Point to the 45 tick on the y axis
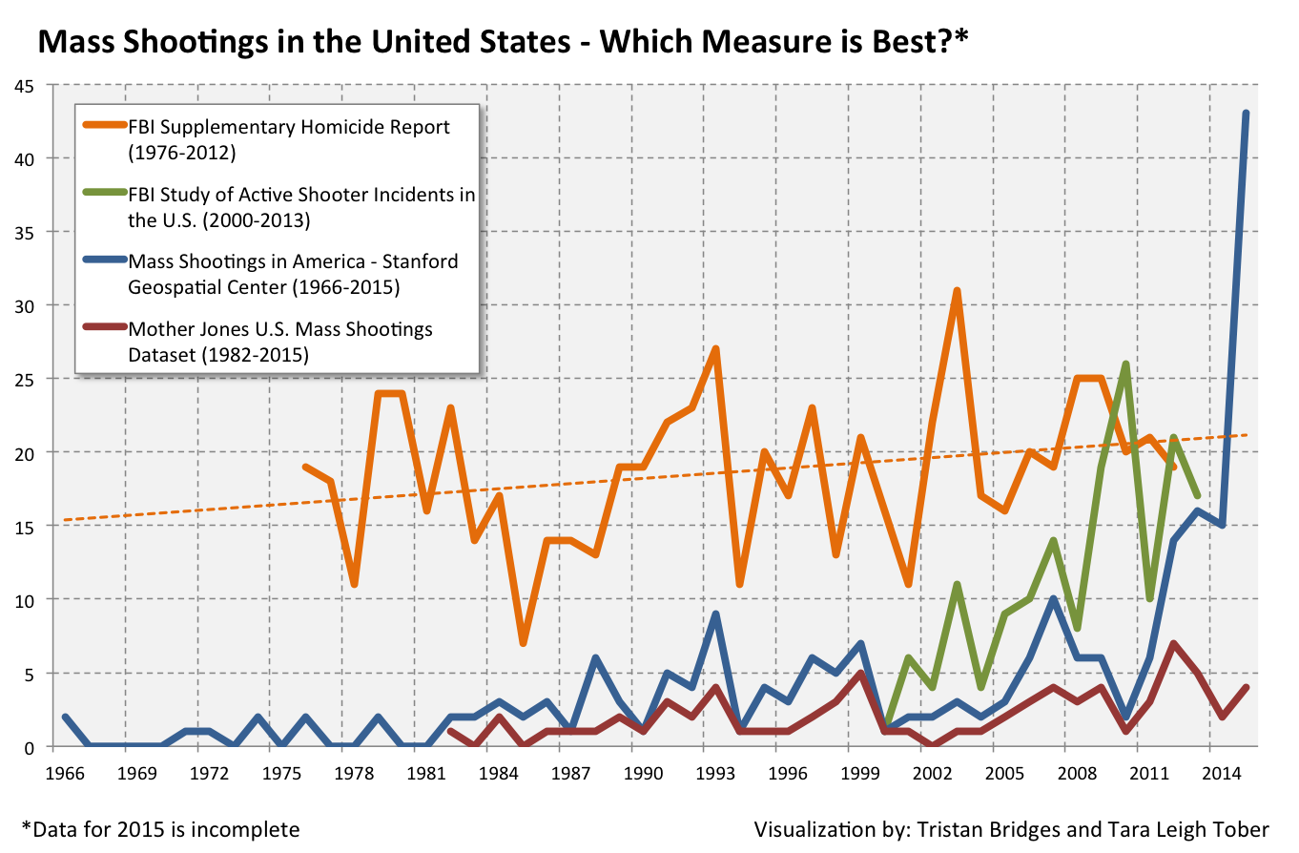[x=25, y=85]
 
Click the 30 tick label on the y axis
[x=25, y=305]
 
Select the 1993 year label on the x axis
[x=715, y=770]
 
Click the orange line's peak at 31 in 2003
[x=957, y=291]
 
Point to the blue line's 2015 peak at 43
[x=1246, y=114]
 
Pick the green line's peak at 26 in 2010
[x=1125, y=364]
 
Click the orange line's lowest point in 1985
[x=523, y=643]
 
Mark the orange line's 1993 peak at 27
[x=715, y=349]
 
